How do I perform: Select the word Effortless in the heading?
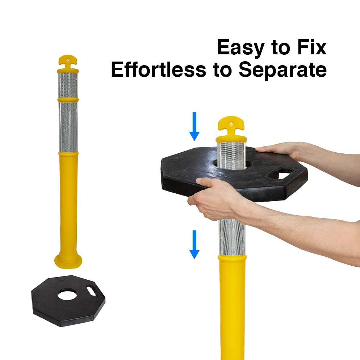tap(158, 69)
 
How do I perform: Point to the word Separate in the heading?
tap(283, 70)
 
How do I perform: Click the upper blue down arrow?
tap(194, 126)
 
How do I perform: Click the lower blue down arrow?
tap(194, 244)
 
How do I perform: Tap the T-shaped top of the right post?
tap(231, 129)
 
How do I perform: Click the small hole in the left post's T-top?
tap(68, 60)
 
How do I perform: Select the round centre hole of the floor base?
tap(68, 296)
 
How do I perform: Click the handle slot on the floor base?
tap(91, 291)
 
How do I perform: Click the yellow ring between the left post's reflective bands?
tap(68, 100)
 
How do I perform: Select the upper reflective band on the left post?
tap(68, 85)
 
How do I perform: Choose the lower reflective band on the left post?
tap(68, 127)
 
